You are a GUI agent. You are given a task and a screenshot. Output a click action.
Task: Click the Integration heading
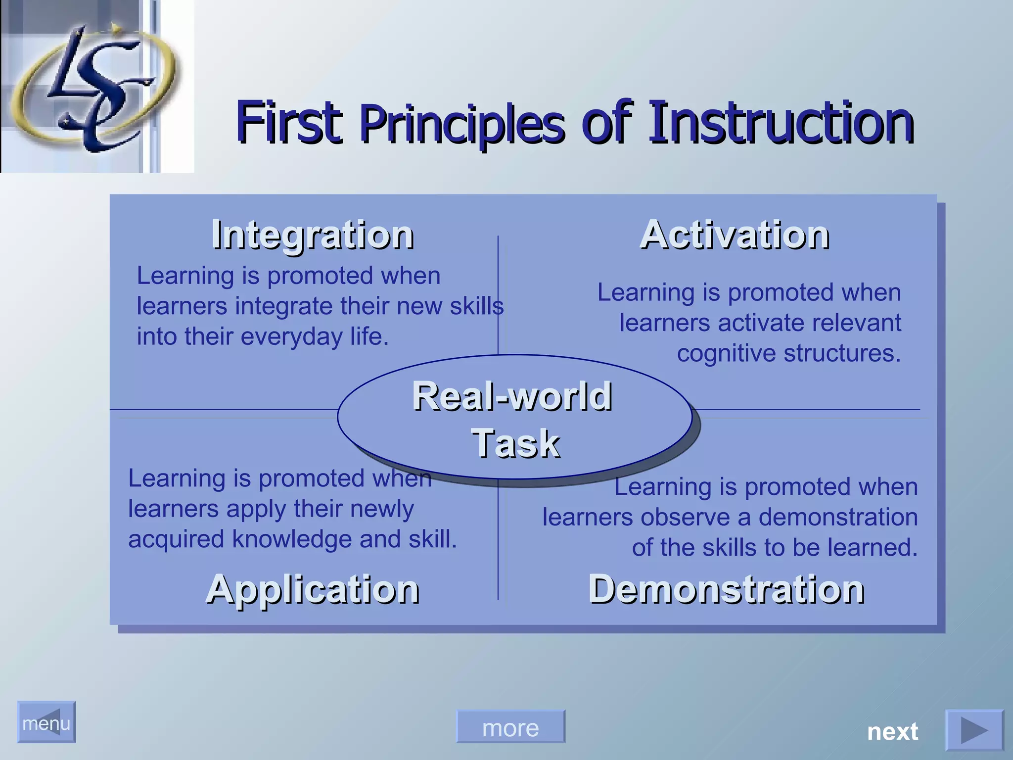[x=313, y=235]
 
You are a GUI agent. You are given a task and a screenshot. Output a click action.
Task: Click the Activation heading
[x=735, y=235]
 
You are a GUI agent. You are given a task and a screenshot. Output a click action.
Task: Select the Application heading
[x=313, y=589]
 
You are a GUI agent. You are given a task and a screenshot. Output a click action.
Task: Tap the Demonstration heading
[x=726, y=589]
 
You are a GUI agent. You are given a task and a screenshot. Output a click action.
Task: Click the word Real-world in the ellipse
[x=512, y=397]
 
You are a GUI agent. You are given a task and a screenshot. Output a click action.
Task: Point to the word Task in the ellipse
[x=515, y=443]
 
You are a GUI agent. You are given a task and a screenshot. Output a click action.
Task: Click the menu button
[x=46, y=722]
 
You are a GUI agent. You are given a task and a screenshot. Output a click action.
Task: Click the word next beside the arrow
[x=892, y=731]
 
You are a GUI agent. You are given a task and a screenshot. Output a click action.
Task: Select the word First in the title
[x=289, y=122]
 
